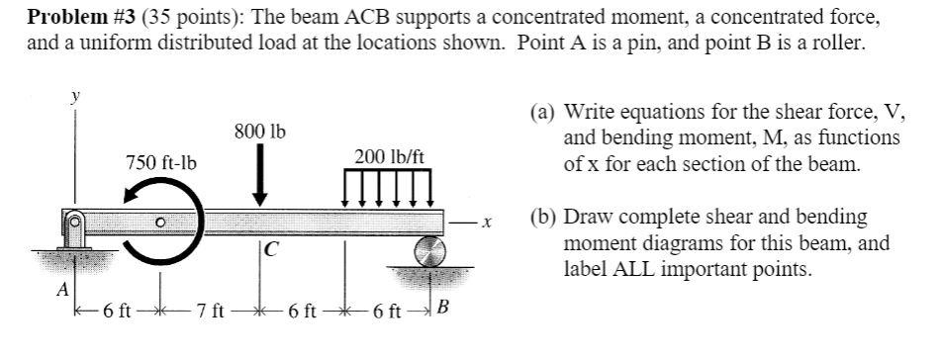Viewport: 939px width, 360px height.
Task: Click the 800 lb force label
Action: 259,131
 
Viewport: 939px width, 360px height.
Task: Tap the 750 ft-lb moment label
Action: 160,162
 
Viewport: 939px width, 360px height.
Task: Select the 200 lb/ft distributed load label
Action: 389,155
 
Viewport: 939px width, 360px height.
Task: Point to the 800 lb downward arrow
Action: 260,178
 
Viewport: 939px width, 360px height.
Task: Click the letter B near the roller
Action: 442,308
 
